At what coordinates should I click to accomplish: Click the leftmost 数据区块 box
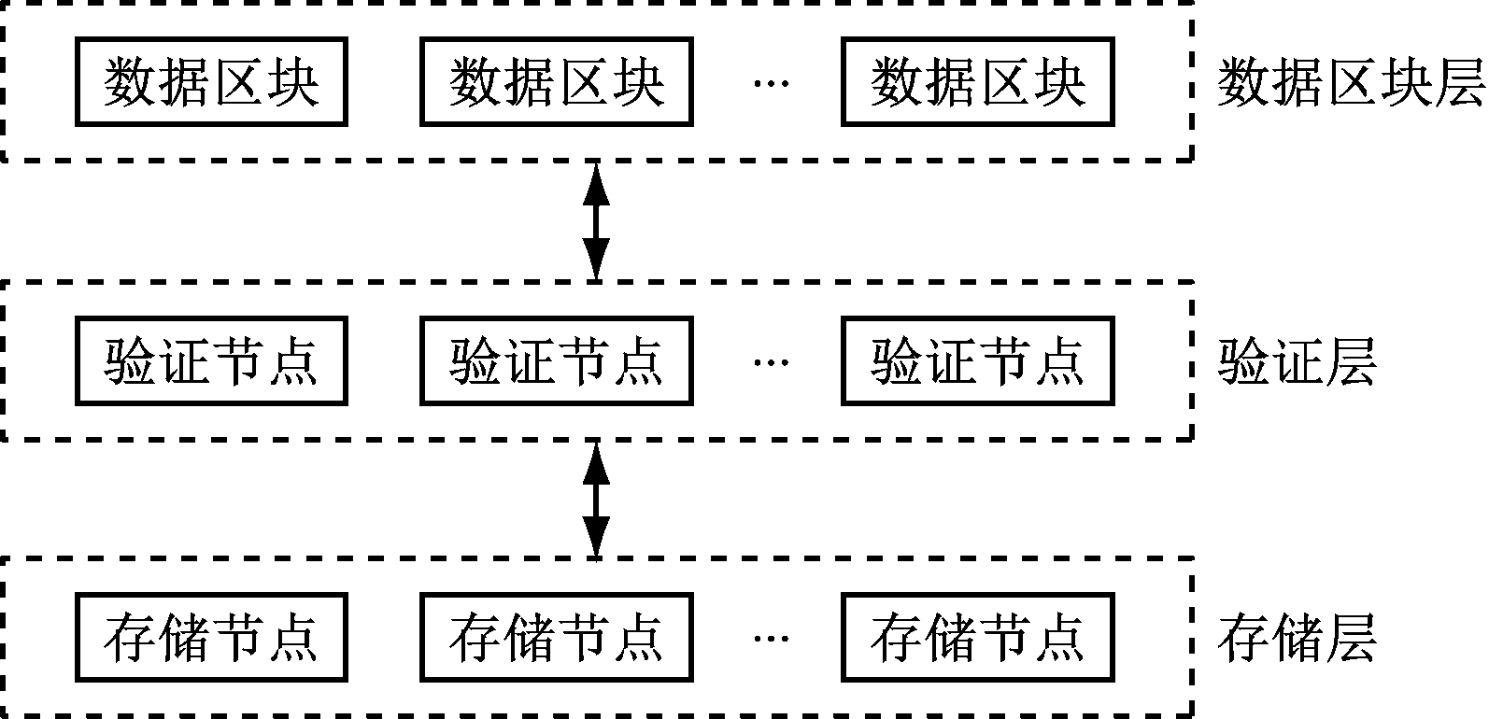coord(211,82)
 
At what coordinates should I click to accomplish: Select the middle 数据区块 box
coord(557,82)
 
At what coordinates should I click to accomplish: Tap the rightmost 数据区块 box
coord(978,82)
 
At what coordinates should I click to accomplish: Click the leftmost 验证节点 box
coord(211,361)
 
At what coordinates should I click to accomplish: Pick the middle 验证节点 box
coord(557,361)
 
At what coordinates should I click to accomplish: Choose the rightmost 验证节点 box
coord(978,361)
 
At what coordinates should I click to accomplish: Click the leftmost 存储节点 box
coord(211,638)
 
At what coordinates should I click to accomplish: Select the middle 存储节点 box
coord(557,638)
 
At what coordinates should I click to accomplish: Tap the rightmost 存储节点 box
coord(978,638)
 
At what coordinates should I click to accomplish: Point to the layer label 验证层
coord(1297,362)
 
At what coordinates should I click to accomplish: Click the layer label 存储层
coord(1297,640)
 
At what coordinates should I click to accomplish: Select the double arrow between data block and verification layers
coord(596,220)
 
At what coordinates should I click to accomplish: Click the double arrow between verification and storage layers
coord(596,500)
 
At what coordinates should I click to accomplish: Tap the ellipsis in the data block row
coord(771,84)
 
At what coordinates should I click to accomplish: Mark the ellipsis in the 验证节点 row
coord(771,362)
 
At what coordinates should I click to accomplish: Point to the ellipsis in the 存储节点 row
coord(771,639)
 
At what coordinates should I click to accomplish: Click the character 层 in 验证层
coord(1351,362)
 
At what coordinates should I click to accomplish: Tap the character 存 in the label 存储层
coord(1243,640)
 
